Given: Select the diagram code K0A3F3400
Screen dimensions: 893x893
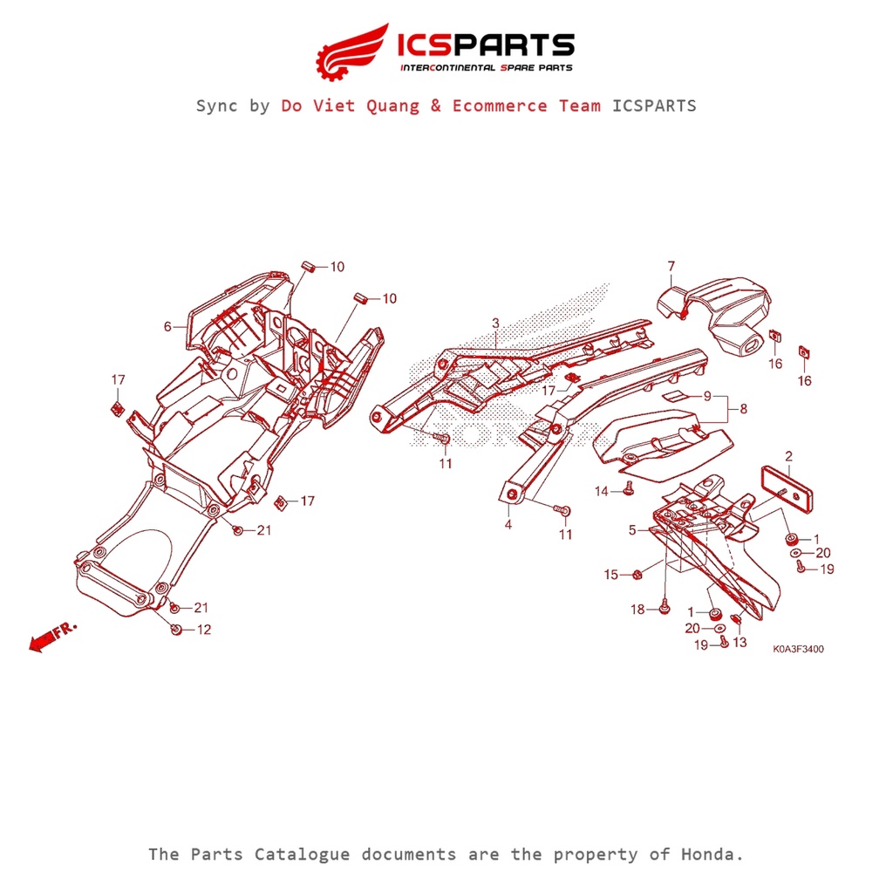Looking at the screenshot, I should (797, 650).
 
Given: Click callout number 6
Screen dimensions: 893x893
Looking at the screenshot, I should (167, 327).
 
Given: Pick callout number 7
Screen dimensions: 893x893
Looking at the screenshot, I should (671, 266).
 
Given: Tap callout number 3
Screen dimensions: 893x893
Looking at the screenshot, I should (495, 324).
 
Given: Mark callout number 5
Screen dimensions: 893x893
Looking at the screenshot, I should (632, 529).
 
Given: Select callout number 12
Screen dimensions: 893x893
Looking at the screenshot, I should (203, 630).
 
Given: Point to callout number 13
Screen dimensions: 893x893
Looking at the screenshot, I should (740, 643).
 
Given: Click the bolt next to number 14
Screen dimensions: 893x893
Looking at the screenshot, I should (627, 491).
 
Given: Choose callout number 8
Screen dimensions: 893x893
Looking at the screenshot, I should (743, 408).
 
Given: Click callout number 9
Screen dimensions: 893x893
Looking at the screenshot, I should (707, 396).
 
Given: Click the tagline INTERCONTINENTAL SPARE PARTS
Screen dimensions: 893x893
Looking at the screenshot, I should (486, 67).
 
